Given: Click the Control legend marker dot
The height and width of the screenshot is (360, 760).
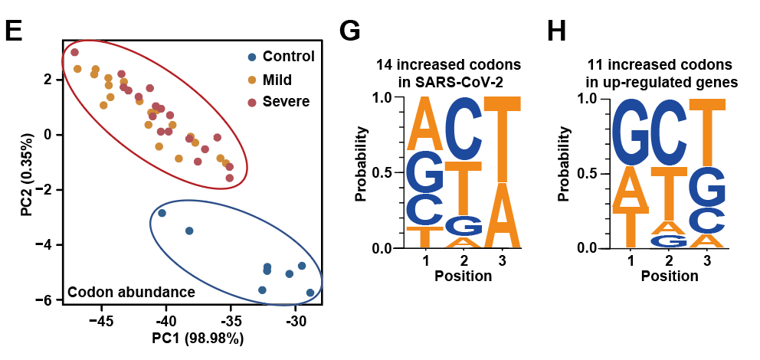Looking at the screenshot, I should coord(251,57).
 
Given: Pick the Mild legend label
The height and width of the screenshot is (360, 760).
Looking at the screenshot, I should coord(277,79).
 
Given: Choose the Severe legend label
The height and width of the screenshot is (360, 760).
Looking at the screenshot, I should coord(286,101).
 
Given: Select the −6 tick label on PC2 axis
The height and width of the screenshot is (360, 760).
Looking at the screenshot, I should coord(46,300).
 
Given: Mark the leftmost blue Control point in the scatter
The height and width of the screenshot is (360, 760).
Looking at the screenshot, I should coord(162,213).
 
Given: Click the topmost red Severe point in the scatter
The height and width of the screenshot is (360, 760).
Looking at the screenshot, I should coord(75,52).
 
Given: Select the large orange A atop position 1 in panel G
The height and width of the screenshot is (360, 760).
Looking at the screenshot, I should coord(424,123).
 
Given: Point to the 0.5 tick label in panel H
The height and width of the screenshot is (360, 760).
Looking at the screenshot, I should coord(587,174).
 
